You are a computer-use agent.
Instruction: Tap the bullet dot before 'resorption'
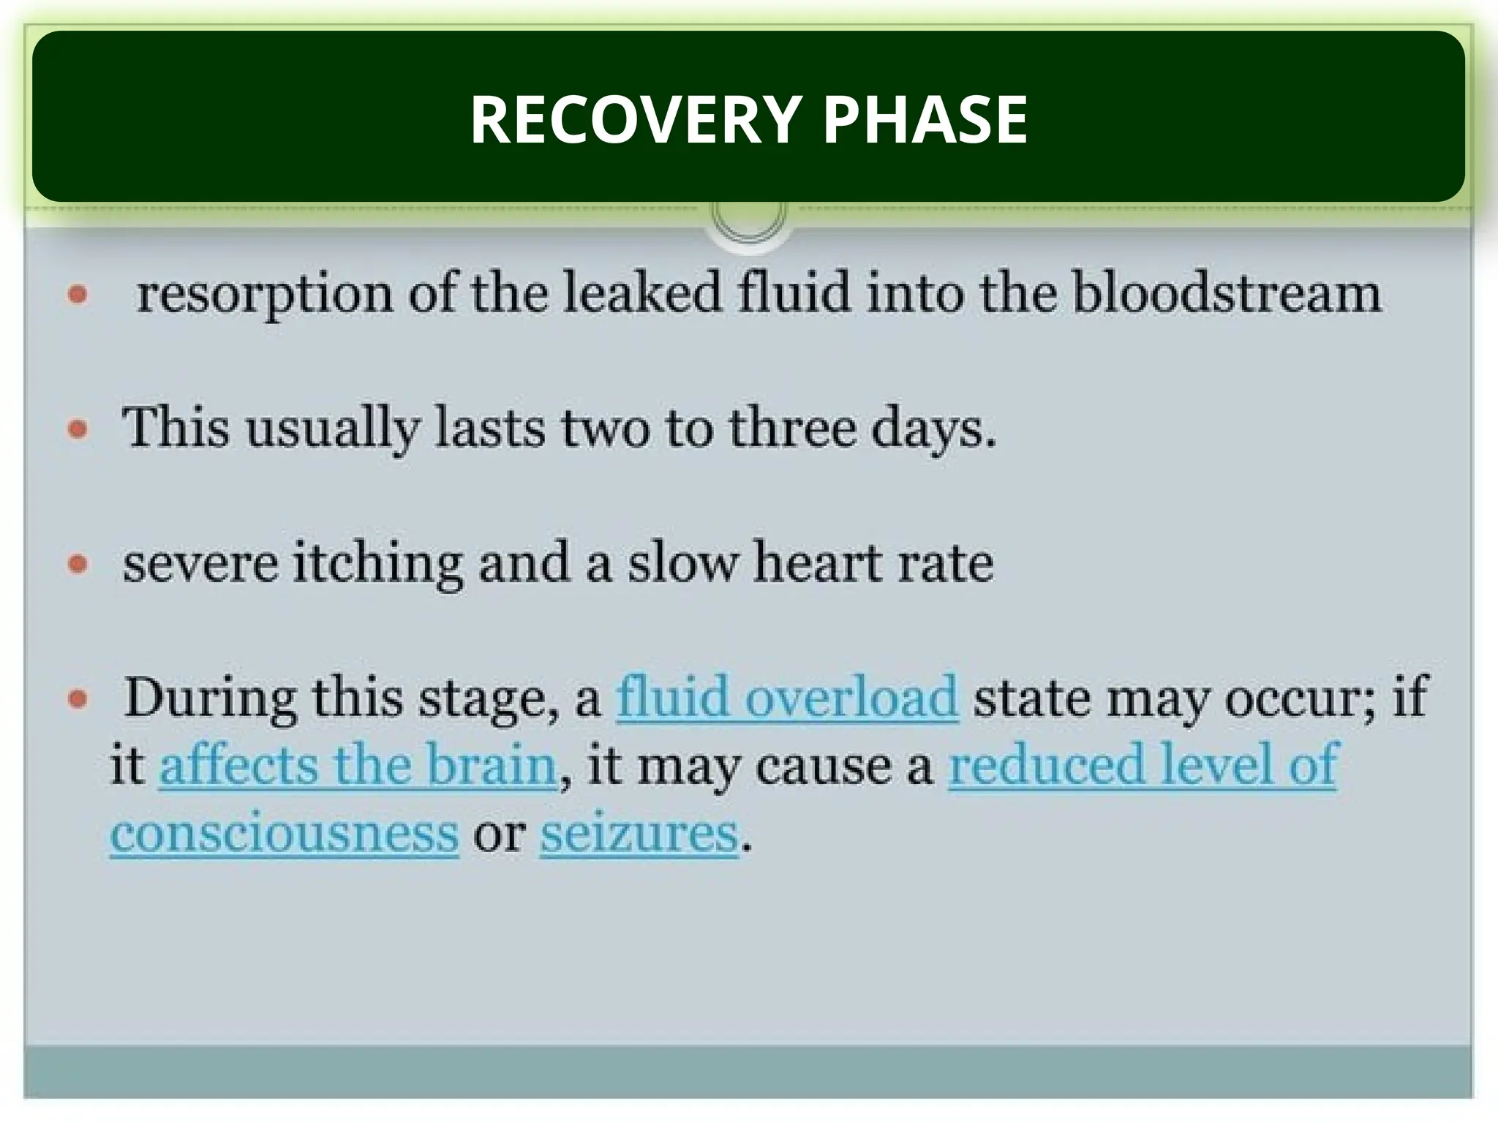pos(78,295)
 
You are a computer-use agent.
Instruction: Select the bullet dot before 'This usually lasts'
pos(78,429)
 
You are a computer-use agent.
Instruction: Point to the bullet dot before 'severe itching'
pos(78,564)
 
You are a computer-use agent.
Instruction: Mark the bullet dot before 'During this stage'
pos(78,699)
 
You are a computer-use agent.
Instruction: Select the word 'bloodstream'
pos(1227,293)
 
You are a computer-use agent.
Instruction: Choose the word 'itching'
pos(378,564)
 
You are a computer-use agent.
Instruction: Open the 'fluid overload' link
pos(787,697)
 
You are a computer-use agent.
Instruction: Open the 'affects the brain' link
pos(358,765)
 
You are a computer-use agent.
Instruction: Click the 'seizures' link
pos(639,833)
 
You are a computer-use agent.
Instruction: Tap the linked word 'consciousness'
pos(285,833)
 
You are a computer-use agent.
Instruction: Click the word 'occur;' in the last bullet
pos(1301,699)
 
